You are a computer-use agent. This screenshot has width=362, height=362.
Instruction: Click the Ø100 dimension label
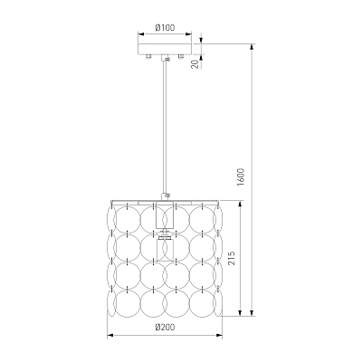(165, 28)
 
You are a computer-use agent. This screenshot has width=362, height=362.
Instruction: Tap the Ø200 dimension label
(165, 327)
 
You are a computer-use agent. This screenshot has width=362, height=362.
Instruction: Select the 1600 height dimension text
(242, 177)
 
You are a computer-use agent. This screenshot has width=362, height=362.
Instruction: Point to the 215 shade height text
(232, 258)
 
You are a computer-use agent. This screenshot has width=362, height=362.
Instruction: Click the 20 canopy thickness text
(195, 64)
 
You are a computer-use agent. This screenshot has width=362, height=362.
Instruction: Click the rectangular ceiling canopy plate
(165, 49)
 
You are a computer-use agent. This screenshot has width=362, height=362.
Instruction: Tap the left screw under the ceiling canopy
(148, 56)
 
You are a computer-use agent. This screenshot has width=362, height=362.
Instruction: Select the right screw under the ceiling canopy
(181, 56)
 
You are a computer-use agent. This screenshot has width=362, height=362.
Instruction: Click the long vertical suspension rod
(165, 127)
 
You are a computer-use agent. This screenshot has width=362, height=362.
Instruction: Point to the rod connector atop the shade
(166, 196)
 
